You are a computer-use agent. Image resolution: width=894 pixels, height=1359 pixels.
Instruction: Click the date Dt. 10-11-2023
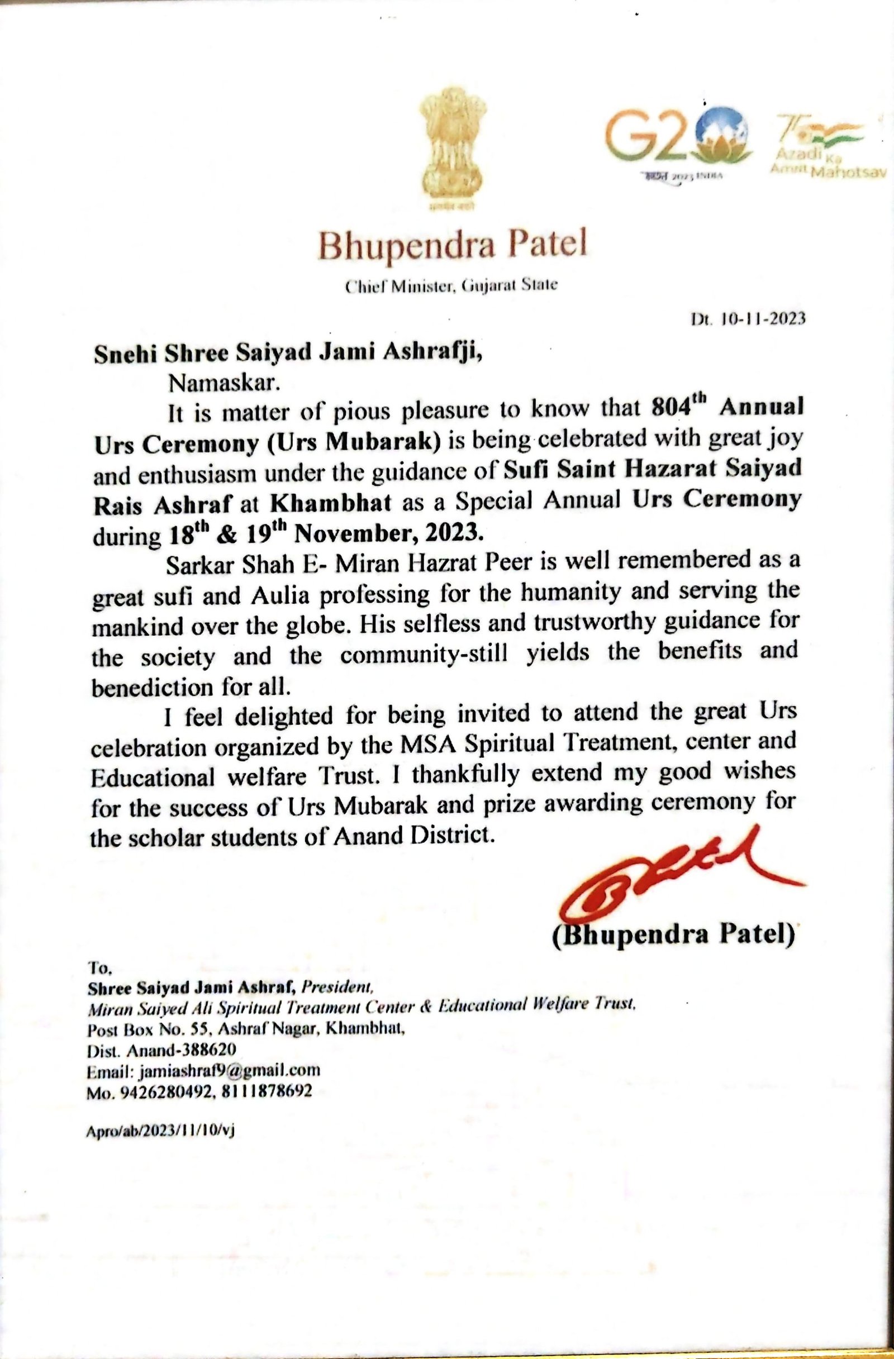[748, 318]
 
